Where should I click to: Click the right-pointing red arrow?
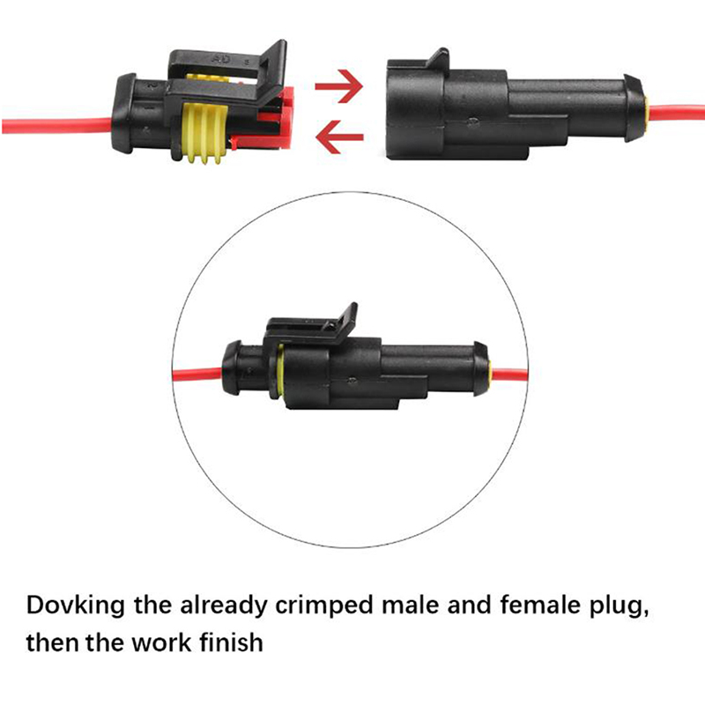pyautogui.click(x=339, y=85)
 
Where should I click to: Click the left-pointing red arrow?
pyautogui.click(x=339, y=137)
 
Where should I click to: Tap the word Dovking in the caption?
pyautogui.click(x=75, y=605)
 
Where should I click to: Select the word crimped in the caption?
pyautogui.click(x=324, y=605)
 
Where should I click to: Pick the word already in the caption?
pyautogui.click(x=224, y=605)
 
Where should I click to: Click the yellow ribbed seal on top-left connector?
pyautogui.click(x=204, y=133)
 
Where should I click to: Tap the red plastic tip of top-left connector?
pyautogui.click(x=275, y=118)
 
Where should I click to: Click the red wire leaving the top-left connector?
pyautogui.click(x=57, y=125)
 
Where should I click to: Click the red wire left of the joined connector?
pyautogui.click(x=197, y=374)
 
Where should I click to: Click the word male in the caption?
pyautogui.click(x=410, y=605)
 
